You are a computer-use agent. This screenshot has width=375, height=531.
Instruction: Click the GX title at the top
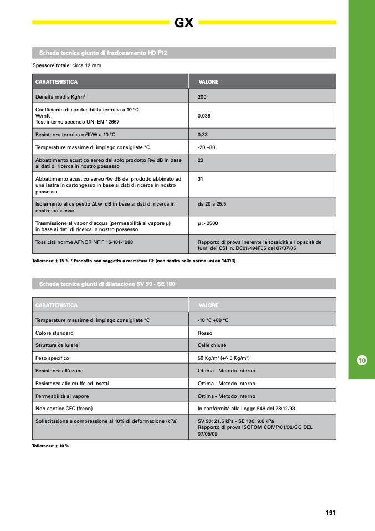184,23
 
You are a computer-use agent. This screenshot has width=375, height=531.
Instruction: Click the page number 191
331,513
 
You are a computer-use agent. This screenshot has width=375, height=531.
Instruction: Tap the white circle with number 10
362,360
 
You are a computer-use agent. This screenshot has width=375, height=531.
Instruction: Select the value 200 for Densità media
202,96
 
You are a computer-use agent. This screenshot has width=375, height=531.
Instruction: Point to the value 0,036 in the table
204,116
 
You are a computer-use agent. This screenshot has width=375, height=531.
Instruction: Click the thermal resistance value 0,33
203,135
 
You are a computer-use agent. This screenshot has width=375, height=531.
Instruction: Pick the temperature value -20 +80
207,147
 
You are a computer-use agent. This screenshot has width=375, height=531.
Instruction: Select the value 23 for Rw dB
201,160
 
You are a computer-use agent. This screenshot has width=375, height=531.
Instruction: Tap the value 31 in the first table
201,179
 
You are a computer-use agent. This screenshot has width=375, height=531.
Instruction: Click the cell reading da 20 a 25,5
212,204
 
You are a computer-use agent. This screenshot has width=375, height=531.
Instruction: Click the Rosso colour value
205,333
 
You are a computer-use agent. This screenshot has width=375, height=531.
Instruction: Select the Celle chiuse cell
212,345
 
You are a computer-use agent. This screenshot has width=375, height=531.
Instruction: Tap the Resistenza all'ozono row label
59,370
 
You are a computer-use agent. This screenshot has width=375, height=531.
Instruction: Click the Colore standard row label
54,333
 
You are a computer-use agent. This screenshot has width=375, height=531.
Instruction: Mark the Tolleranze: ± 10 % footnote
51,446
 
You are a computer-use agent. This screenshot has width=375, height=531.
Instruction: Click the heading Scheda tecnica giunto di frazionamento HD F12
103,53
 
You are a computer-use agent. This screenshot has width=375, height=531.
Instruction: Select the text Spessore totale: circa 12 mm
67,65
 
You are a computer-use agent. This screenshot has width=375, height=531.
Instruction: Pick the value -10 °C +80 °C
213,320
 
